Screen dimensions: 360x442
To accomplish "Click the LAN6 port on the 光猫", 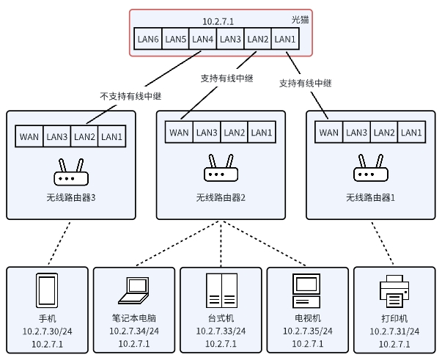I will coord(147,39).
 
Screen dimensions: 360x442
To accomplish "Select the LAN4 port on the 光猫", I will coord(202,39).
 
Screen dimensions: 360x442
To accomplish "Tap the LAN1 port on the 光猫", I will coord(284,39).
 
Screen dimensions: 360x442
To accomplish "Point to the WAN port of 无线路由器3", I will coord(29,136).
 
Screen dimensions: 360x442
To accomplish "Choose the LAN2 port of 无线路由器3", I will coord(84,136).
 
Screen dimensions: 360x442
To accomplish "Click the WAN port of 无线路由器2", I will coord(179,133).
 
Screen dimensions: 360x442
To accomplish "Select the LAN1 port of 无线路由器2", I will coord(262,133).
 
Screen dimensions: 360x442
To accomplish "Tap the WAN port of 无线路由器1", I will coord(328,133).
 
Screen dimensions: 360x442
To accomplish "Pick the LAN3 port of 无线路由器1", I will coord(356,133).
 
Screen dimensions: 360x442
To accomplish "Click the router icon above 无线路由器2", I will coord(219,170).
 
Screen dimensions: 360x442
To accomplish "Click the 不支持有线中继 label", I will coord(130,96).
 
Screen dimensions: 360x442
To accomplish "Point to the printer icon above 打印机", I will coord(394,291).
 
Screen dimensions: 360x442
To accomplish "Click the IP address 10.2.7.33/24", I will coord(221,331).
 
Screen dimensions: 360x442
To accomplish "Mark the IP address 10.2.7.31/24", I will coord(394,331).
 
